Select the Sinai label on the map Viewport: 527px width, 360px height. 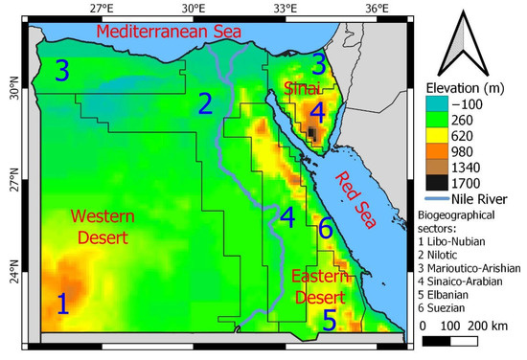[x=302, y=89]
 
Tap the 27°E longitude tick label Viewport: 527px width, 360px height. [x=102, y=9]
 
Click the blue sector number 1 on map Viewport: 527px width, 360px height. [x=62, y=305]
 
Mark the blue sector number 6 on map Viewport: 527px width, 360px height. [x=325, y=228]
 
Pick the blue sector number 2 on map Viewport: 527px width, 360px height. [x=204, y=104]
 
